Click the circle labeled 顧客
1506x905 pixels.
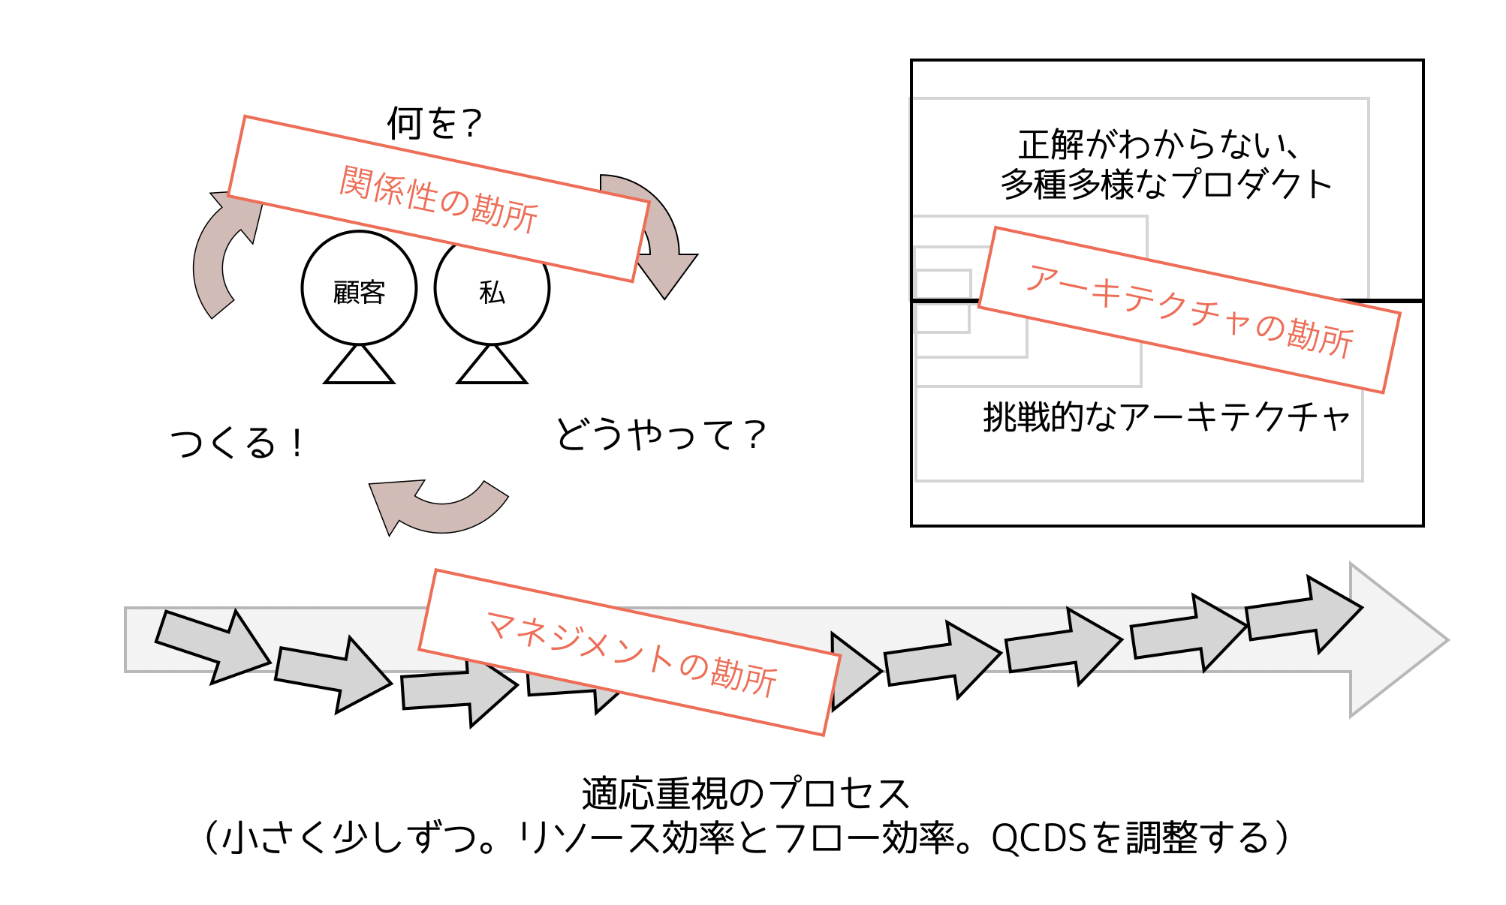click(x=359, y=289)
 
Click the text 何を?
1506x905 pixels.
click(x=434, y=123)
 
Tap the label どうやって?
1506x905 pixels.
click(x=660, y=435)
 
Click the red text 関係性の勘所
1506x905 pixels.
click(x=438, y=200)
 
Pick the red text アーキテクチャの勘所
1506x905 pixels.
click(x=1189, y=310)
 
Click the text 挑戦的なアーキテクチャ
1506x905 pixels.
click(x=1166, y=417)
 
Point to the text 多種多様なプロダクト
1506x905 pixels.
click(x=1166, y=185)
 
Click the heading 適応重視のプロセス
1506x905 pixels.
click(x=745, y=794)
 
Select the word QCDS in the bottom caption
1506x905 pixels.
click(x=1038, y=838)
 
